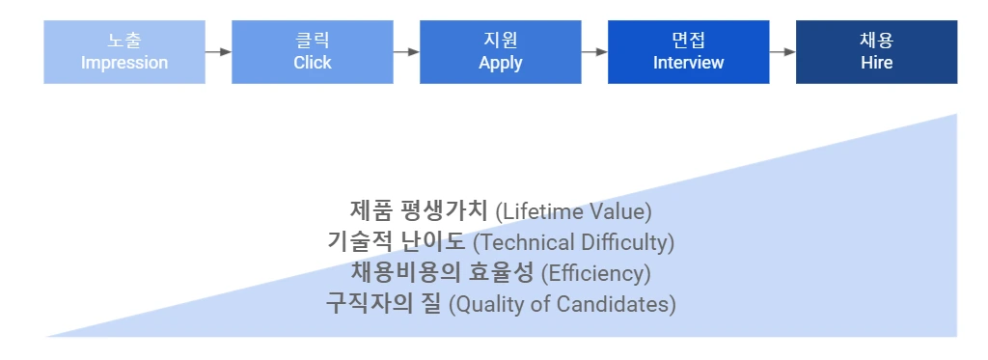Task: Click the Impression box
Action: [124, 51]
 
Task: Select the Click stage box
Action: [313, 51]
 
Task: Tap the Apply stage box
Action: [500, 51]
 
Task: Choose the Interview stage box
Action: [688, 51]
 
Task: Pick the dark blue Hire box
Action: [876, 51]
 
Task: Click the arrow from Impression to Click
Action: [218, 51]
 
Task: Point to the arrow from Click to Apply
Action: [406, 51]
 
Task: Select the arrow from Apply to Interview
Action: [594, 51]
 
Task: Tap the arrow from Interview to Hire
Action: [782, 51]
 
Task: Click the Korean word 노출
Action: [124, 41]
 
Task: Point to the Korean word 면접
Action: [688, 41]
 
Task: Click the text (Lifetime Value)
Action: [573, 210]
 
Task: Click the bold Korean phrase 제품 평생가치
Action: [419, 209]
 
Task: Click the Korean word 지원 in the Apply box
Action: [500, 41]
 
